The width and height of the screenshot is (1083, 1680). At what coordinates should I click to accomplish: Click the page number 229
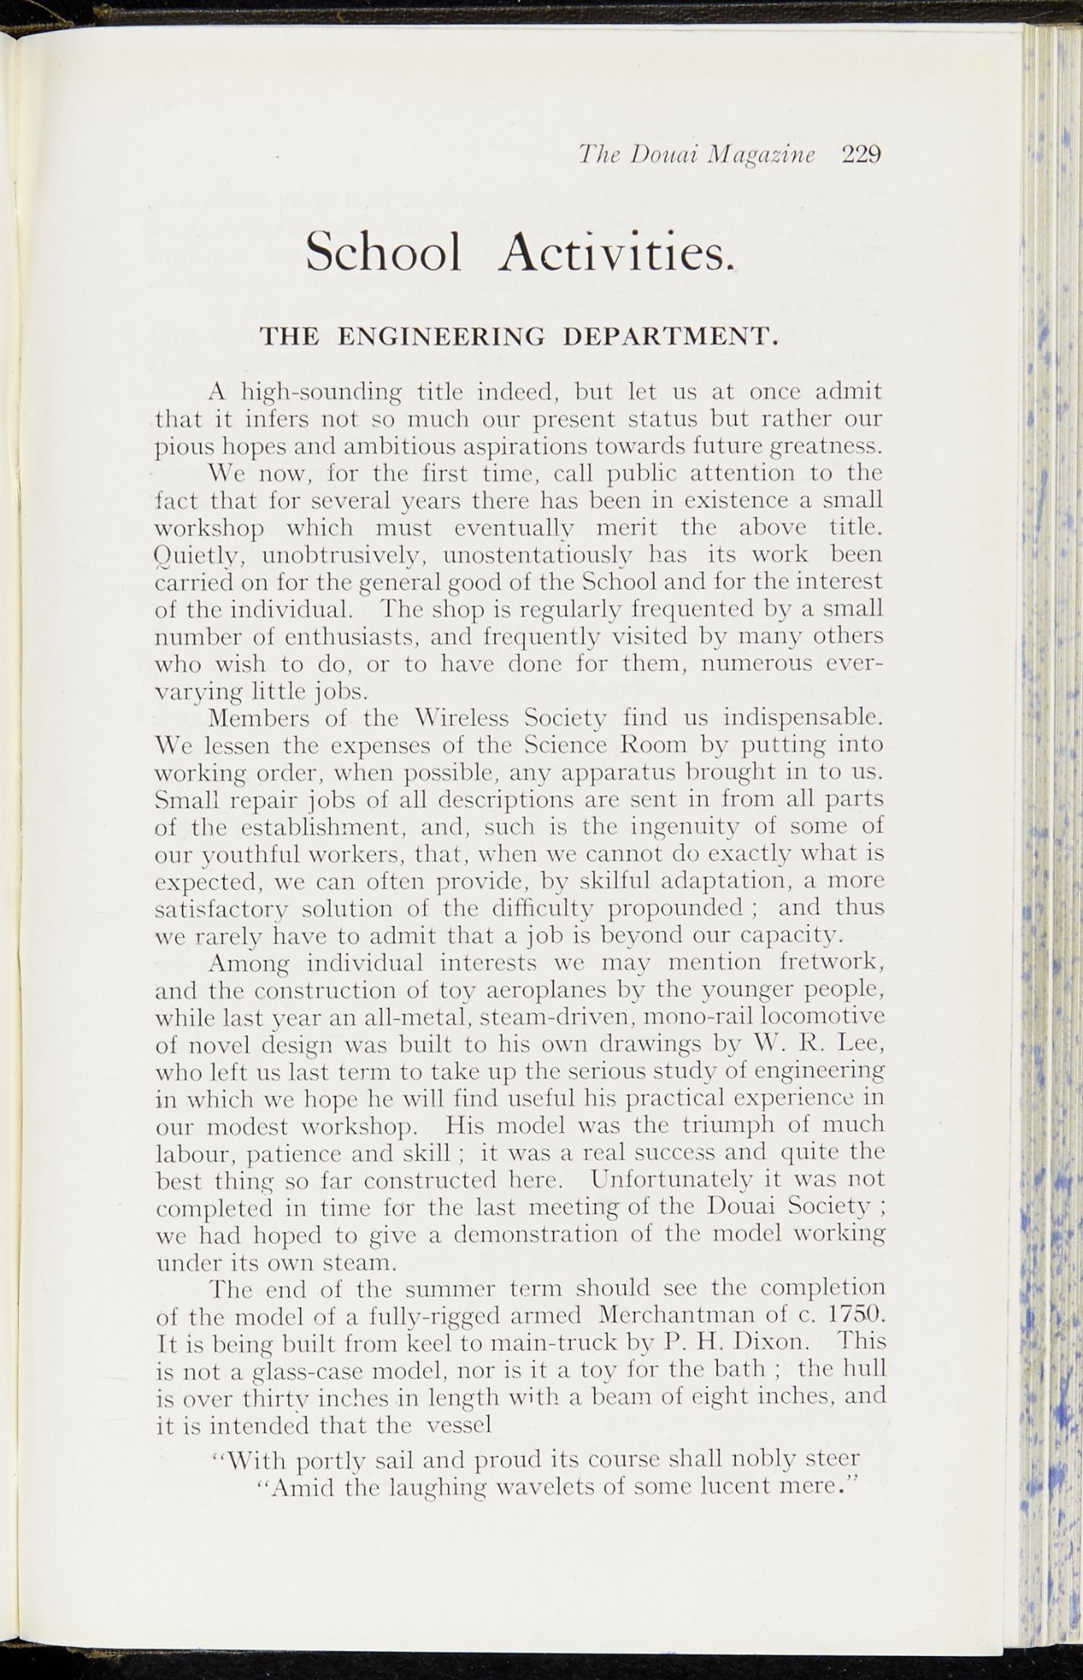pyautogui.click(x=861, y=154)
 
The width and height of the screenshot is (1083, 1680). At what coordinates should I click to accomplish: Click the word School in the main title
pyautogui.click(x=384, y=251)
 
